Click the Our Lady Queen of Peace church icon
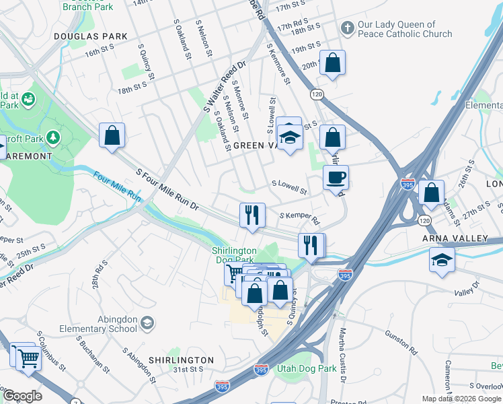coord(347,28)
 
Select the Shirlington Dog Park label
coord(235,255)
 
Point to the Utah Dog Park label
coord(307,369)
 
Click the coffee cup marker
coord(336,178)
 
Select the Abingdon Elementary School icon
coord(145,325)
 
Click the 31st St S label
coord(188,369)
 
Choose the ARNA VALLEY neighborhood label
coord(455,238)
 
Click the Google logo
coord(22,396)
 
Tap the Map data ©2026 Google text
coord(461,399)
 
